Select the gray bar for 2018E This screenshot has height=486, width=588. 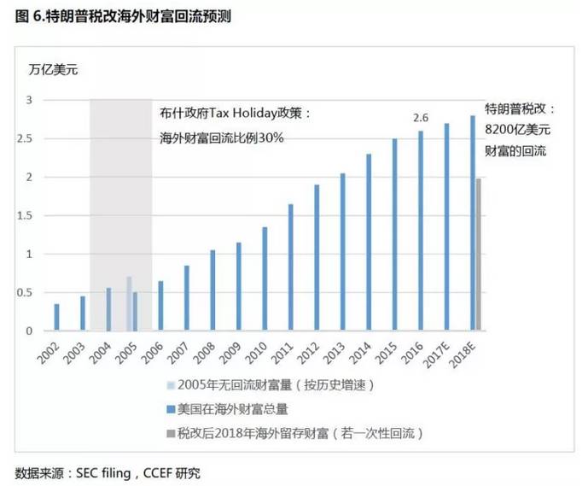point(480,255)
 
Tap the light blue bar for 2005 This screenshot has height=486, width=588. point(129,304)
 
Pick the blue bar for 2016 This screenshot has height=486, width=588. point(420,231)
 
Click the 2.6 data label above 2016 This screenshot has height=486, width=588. point(420,118)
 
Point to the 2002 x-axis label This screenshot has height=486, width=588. point(52,351)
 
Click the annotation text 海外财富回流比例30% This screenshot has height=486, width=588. point(221,137)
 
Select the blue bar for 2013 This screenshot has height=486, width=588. point(342,252)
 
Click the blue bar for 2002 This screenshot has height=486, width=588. point(57,317)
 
